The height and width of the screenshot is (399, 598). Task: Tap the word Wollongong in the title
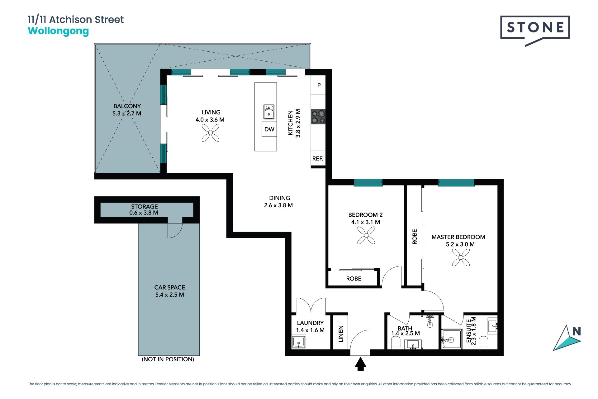59,31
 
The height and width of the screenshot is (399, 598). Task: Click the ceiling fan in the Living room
211,133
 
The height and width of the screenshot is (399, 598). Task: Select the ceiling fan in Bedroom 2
366,235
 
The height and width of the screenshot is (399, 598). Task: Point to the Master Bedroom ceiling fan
461,257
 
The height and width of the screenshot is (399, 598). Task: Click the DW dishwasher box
269,129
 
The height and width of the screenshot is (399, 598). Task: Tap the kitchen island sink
269,112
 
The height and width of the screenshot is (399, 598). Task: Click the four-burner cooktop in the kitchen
318,117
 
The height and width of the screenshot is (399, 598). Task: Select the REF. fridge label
318,158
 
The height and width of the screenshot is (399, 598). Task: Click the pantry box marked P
318,85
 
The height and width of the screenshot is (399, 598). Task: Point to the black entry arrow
360,364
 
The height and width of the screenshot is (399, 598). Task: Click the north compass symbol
567,338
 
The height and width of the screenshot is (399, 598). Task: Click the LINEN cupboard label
341,334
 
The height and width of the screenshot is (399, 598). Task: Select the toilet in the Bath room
396,343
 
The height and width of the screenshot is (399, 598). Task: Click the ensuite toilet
484,343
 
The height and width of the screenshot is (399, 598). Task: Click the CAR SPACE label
170,287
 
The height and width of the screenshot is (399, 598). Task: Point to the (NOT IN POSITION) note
168,359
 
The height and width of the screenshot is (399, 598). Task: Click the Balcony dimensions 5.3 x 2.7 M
127,114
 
